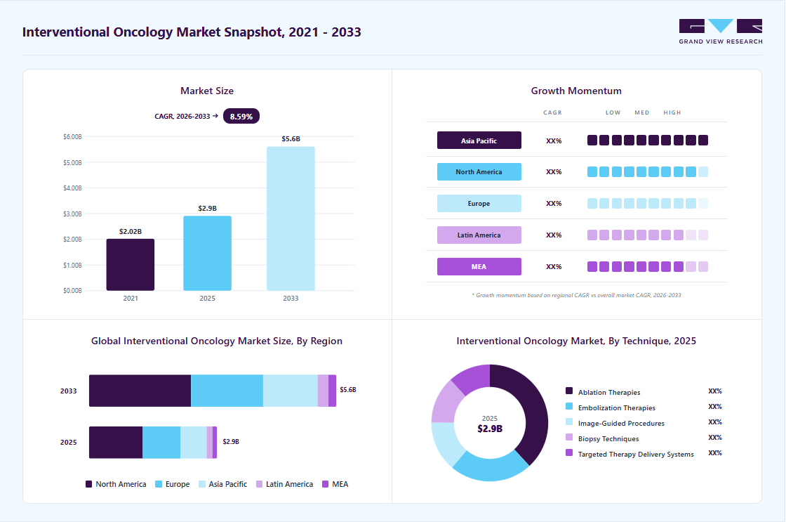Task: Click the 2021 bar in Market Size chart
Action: pos(131,265)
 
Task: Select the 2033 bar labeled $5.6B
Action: pos(291,218)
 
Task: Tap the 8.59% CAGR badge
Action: pos(241,117)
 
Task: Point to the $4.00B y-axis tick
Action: pos(72,188)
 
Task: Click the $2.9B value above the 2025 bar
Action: pos(208,208)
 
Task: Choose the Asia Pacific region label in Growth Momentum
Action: pos(479,141)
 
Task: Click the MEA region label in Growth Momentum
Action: pos(479,266)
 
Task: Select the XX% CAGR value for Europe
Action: pos(554,203)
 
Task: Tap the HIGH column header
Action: pos(672,112)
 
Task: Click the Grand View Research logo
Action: pos(721,32)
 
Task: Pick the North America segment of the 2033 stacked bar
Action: pos(140,391)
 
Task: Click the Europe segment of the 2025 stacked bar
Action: pos(161,443)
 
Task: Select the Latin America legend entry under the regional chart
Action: pos(285,484)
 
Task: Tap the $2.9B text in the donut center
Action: pos(490,429)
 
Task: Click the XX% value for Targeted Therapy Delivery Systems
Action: pos(715,452)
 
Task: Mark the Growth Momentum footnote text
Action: pos(576,295)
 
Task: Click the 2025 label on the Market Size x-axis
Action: pos(208,298)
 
